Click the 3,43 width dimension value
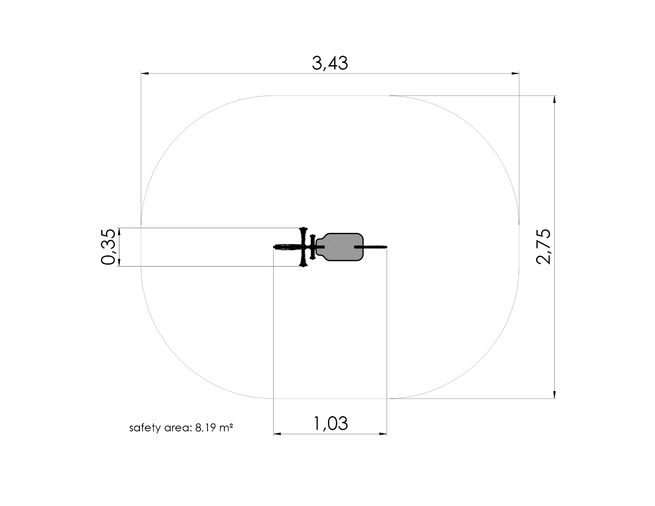[330, 63]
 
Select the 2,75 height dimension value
[543, 246]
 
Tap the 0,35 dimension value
[108, 247]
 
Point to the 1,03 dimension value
[331, 424]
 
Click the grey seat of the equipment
[340, 247]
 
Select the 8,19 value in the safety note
[206, 428]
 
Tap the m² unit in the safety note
[226, 428]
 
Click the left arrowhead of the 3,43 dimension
[145, 73]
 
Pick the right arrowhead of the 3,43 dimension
[515, 73]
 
